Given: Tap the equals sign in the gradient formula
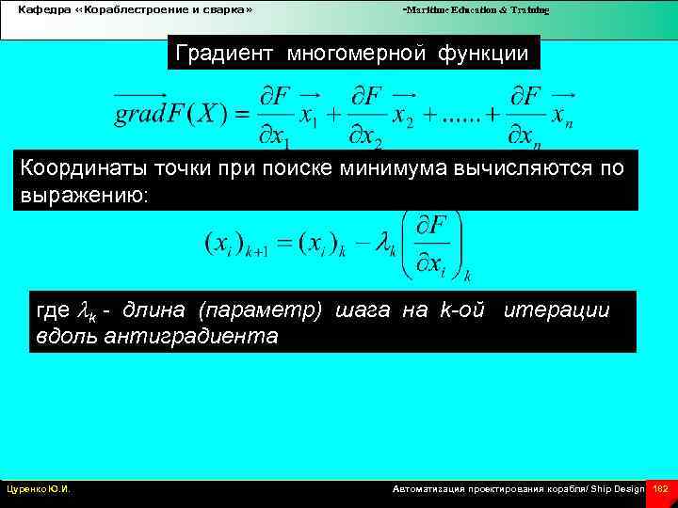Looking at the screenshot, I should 240,116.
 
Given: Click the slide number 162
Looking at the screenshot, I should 660,489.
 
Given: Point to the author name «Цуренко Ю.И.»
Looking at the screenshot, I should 40,489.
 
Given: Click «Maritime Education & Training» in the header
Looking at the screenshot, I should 476,9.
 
